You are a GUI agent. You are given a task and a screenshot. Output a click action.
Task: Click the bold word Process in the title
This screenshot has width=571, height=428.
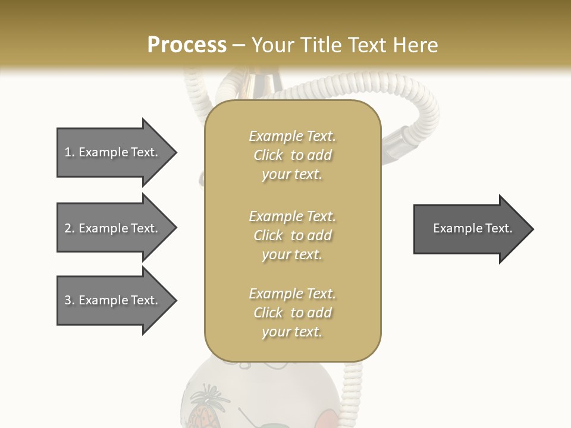pos(187,45)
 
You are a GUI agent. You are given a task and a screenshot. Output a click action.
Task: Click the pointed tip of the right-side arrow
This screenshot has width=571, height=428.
pos(532,229)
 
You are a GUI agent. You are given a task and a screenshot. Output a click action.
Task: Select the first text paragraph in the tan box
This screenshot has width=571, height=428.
pos(293,155)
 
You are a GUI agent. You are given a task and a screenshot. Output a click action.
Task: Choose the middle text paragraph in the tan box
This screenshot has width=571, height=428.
pos(293,235)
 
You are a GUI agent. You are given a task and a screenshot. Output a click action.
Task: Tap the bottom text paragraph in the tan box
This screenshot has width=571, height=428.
pos(293,313)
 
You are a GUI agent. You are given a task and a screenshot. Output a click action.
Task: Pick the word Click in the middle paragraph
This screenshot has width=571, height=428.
pos(268,235)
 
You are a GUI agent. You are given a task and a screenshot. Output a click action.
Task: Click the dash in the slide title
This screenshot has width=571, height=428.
pos(239,45)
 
